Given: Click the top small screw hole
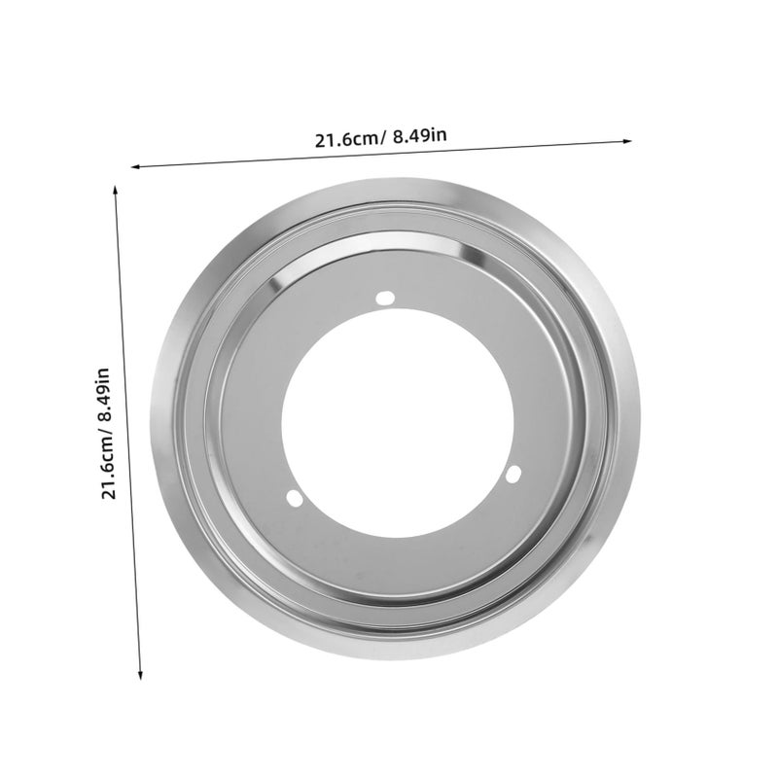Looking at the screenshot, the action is [x=385, y=298].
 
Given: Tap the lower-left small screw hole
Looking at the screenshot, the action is [x=295, y=498].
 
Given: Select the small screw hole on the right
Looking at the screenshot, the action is [x=513, y=474].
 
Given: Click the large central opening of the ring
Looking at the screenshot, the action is [x=398, y=423].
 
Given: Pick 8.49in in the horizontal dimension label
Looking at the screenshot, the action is [x=420, y=135].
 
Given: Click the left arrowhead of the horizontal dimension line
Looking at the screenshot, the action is [x=135, y=166].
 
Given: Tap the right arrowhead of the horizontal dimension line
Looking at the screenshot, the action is [x=627, y=141].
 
